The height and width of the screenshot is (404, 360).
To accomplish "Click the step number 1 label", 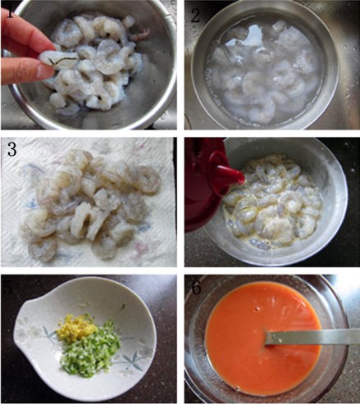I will tap(11, 12).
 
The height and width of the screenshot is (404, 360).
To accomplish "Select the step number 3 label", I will tap(11, 150).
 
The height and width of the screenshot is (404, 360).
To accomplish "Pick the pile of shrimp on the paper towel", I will tap(86, 201).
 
